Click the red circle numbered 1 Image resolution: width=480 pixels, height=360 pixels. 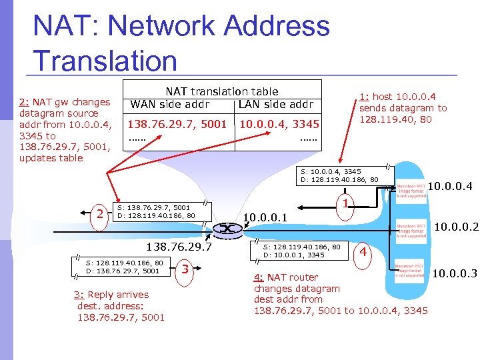(x=344, y=200)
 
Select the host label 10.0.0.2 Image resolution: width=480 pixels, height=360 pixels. (x=456, y=227)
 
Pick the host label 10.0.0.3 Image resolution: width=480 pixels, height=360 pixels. (x=455, y=272)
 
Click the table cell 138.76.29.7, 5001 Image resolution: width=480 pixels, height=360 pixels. (x=177, y=124)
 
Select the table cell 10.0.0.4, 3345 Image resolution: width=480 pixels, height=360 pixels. (x=279, y=124)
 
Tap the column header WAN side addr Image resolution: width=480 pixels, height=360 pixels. (x=170, y=104)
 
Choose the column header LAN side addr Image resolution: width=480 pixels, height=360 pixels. (x=276, y=104)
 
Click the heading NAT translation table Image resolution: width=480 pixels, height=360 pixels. (x=222, y=91)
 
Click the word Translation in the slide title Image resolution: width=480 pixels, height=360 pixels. (x=105, y=61)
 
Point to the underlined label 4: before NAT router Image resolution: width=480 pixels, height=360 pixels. (x=259, y=277)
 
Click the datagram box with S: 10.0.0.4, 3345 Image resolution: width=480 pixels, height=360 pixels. (x=340, y=175)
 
